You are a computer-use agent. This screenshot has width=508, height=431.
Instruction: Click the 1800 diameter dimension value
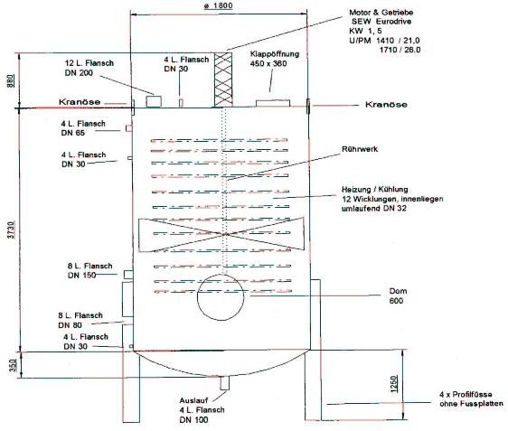click(219, 5)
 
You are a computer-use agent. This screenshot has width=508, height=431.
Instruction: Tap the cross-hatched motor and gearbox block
click(223, 80)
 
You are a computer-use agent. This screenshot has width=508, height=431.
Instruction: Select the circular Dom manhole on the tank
click(221, 297)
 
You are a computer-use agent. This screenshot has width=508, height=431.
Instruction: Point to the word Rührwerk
click(360, 149)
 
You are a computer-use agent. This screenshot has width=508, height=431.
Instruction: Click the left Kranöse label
click(80, 102)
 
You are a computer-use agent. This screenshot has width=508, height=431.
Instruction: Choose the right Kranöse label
click(386, 104)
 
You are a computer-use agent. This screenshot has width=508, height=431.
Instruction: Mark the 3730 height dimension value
click(12, 230)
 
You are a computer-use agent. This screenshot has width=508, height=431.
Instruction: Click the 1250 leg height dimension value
click(394, 384)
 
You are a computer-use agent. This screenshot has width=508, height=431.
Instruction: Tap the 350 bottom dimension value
click(13, 365)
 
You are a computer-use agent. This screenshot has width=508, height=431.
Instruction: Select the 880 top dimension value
click(11, 81)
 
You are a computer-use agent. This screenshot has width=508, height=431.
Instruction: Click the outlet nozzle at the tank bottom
click(224, 383)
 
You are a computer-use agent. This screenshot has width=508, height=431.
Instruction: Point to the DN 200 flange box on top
click(154, 101)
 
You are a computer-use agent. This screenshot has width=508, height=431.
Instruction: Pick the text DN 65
click(73, 133)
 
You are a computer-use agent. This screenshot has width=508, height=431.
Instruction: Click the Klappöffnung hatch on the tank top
click(273, 103)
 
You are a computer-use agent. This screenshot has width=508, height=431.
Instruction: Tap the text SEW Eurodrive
click(381, 22)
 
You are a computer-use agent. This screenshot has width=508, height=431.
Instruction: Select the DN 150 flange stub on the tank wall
click(128, 275)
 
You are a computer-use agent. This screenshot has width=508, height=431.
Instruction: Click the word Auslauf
click(193, 400)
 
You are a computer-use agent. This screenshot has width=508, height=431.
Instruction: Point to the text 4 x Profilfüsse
click(466, 395)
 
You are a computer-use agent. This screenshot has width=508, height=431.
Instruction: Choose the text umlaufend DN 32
click(374, 208)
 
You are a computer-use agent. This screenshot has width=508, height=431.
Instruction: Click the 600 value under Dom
click(396, 301)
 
